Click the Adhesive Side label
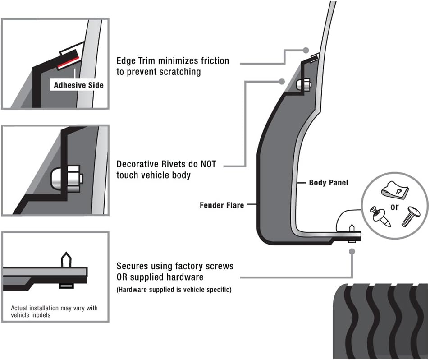(78, 85)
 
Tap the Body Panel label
(328, 183)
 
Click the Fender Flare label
(222, 205)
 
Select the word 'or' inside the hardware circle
(394, 208)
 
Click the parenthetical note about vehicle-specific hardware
(174, 290)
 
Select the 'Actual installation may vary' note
(54, 311)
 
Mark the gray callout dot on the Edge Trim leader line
(306, 50)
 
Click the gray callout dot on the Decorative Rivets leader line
(282, 82)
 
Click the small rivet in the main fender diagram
(303, 84)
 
